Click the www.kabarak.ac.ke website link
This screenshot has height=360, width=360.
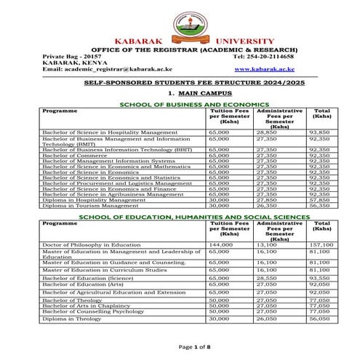(x=264, y=68)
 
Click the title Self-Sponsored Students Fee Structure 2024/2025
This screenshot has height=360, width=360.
(x=180, y=84)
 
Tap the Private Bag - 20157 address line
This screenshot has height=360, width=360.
(x=72, y=56)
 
